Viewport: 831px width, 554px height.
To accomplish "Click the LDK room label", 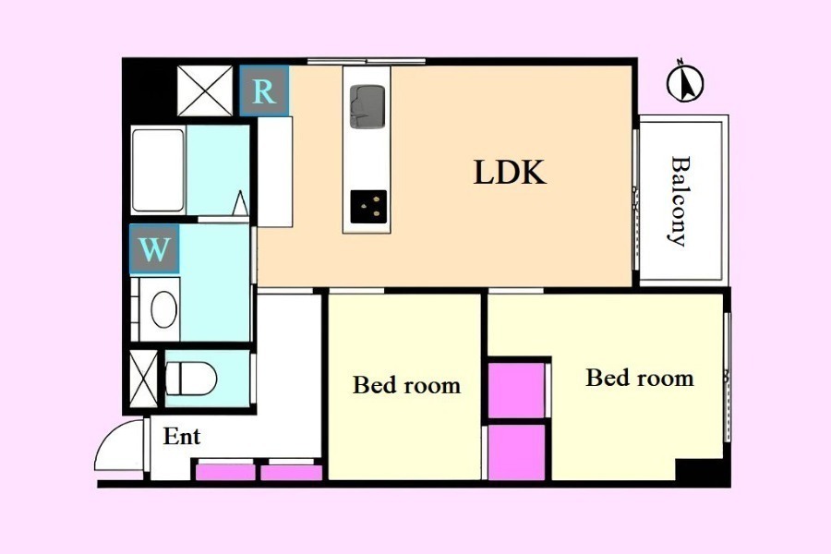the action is click(x=510, y=173).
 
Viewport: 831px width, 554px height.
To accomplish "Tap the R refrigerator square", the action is click(x=264, y=90).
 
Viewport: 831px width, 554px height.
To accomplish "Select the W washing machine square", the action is click(x=154, y=248).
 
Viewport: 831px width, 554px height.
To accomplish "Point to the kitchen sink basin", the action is click(x=367, y=106).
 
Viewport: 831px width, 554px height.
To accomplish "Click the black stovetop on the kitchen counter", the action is click(x=368, y=206).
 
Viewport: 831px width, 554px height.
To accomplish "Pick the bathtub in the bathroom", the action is click(x=158, y=170).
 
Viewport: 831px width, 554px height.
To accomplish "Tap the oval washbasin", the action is click(x=163, y=309).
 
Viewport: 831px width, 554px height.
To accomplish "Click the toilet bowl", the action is click(x=191, y=379).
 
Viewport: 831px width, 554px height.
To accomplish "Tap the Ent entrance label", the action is click(x=181, y=437).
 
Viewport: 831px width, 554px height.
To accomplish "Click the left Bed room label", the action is click(x=406, y=385).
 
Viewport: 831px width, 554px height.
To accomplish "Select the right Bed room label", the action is click(x=640, y=378).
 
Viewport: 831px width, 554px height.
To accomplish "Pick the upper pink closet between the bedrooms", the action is click(x=516, y=391).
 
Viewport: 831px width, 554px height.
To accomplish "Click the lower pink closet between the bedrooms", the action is click(x=516, y=452).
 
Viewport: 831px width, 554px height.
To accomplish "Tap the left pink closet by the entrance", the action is click(x=225, y=473).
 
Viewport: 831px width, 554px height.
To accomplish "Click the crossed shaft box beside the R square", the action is click(x=205, y=90).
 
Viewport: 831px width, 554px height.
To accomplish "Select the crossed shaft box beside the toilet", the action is click(x=144, y=379).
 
